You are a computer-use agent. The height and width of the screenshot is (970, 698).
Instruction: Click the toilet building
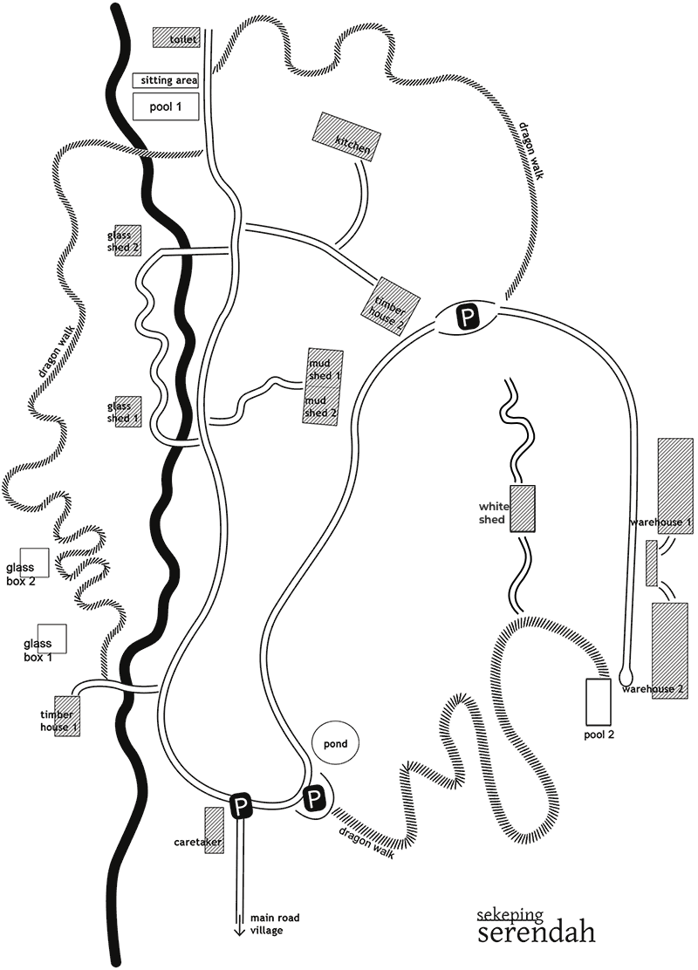(x=175, y=38)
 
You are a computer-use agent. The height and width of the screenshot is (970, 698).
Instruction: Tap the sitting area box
(x=165, y=80)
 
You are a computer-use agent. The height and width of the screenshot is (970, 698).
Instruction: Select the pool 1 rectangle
(x=165, y=106)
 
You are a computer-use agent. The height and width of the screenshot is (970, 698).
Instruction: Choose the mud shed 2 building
(x=320, y=406)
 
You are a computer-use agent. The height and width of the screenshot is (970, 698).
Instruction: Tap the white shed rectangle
(x=522, y=509)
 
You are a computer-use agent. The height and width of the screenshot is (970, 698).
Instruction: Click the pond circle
(x=336, y=744)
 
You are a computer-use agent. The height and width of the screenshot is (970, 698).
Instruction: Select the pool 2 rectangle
(x=599, y=700)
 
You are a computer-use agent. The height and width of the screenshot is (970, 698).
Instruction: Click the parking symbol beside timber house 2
(x=469, y=318)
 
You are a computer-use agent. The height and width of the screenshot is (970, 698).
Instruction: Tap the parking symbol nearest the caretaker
(x=241, y=806)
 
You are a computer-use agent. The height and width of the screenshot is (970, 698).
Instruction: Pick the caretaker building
(x=214, y=830)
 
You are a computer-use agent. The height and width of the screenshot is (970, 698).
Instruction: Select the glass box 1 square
(x=52, y=638)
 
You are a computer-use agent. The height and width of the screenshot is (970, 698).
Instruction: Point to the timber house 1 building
(x=67, y=716)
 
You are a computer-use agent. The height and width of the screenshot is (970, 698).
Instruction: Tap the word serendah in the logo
(x=537, y=932)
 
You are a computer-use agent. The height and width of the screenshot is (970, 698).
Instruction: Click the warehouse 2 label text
(x=653, y=689)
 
